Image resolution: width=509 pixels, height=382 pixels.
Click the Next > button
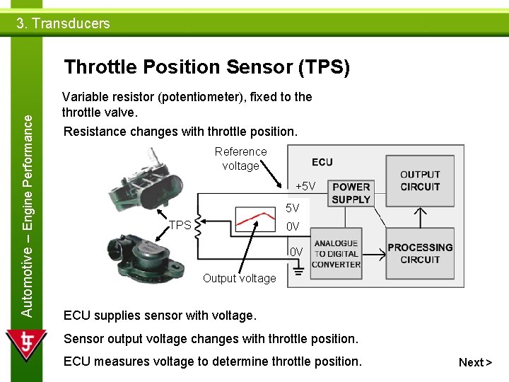pos(475,362)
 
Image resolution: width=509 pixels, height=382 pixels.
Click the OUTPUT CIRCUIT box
pos(420,180)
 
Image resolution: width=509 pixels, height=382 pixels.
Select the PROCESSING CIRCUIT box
pos(420,253)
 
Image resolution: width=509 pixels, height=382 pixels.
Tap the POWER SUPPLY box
pos(351,193)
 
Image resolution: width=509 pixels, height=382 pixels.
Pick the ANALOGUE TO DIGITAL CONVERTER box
pos(336,253)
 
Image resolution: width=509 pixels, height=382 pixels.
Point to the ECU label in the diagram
pos(322,162)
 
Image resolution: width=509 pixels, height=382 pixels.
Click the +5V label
pos(305,186)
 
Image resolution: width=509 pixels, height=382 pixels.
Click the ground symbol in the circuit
pos(300,271)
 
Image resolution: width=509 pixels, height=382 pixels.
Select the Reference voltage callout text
pos(240,158)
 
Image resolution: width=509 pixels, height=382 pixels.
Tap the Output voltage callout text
pos(239,278)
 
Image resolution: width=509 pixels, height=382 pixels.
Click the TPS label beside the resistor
pos(180,225)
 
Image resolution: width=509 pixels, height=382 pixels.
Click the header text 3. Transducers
pos(63,23)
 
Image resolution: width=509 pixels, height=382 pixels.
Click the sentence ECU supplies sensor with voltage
pos(160,315)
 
